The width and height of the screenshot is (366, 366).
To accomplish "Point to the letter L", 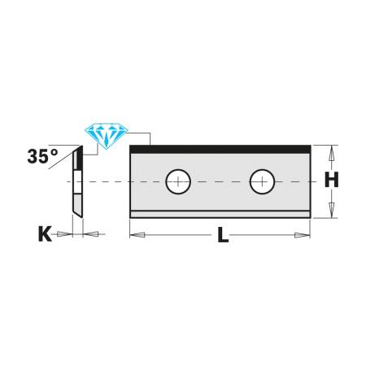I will click(x=221, y=238).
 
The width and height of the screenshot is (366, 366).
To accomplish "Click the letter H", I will click(x=331, y=181).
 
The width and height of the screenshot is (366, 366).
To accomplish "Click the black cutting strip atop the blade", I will click(x=220, y=149).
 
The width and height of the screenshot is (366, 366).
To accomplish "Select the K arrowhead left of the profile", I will click(x=66, y=234).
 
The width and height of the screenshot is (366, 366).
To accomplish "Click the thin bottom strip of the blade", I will click(x=220, y=214).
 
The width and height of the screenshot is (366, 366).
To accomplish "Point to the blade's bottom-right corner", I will click(x=309, y=217).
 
